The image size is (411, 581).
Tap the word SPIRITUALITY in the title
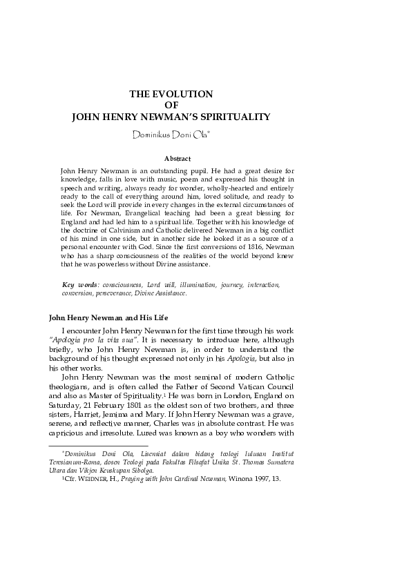pyautogui.click(x=233, y=117)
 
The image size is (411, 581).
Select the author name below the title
pyautogui.click(x=175, y=134)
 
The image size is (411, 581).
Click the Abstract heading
pyautogui.click(x=177, y=158)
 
